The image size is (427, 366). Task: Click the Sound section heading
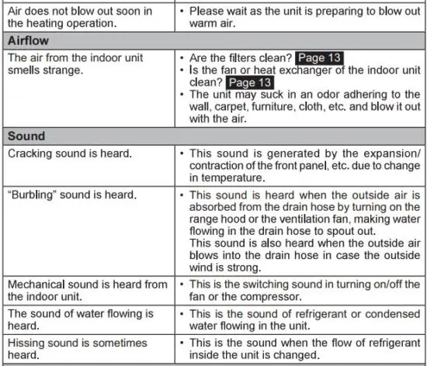point(26,136)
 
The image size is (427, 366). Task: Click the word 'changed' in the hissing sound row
point(292,354)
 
